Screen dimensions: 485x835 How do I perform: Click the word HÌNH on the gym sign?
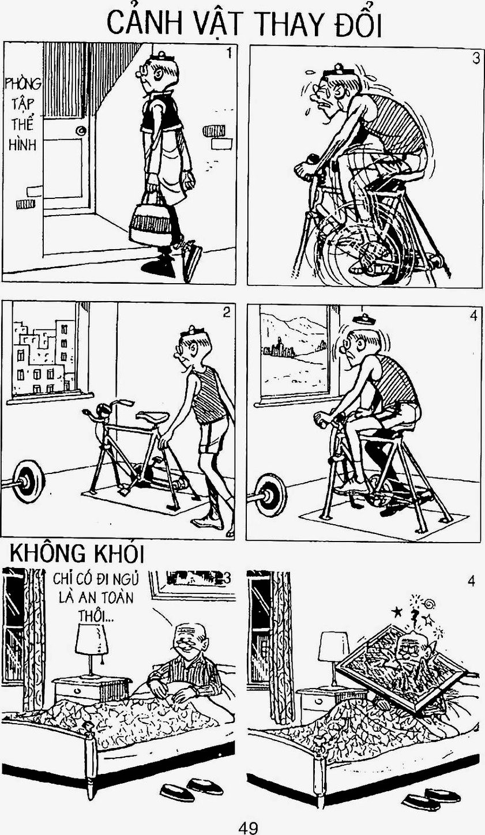click(x=22, y=145)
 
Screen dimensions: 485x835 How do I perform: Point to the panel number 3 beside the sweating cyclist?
click(x=476, y=59)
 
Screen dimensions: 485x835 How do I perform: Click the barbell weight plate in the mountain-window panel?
click(x=270, y=493)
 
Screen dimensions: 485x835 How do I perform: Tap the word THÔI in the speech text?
click(x=96, y=618)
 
